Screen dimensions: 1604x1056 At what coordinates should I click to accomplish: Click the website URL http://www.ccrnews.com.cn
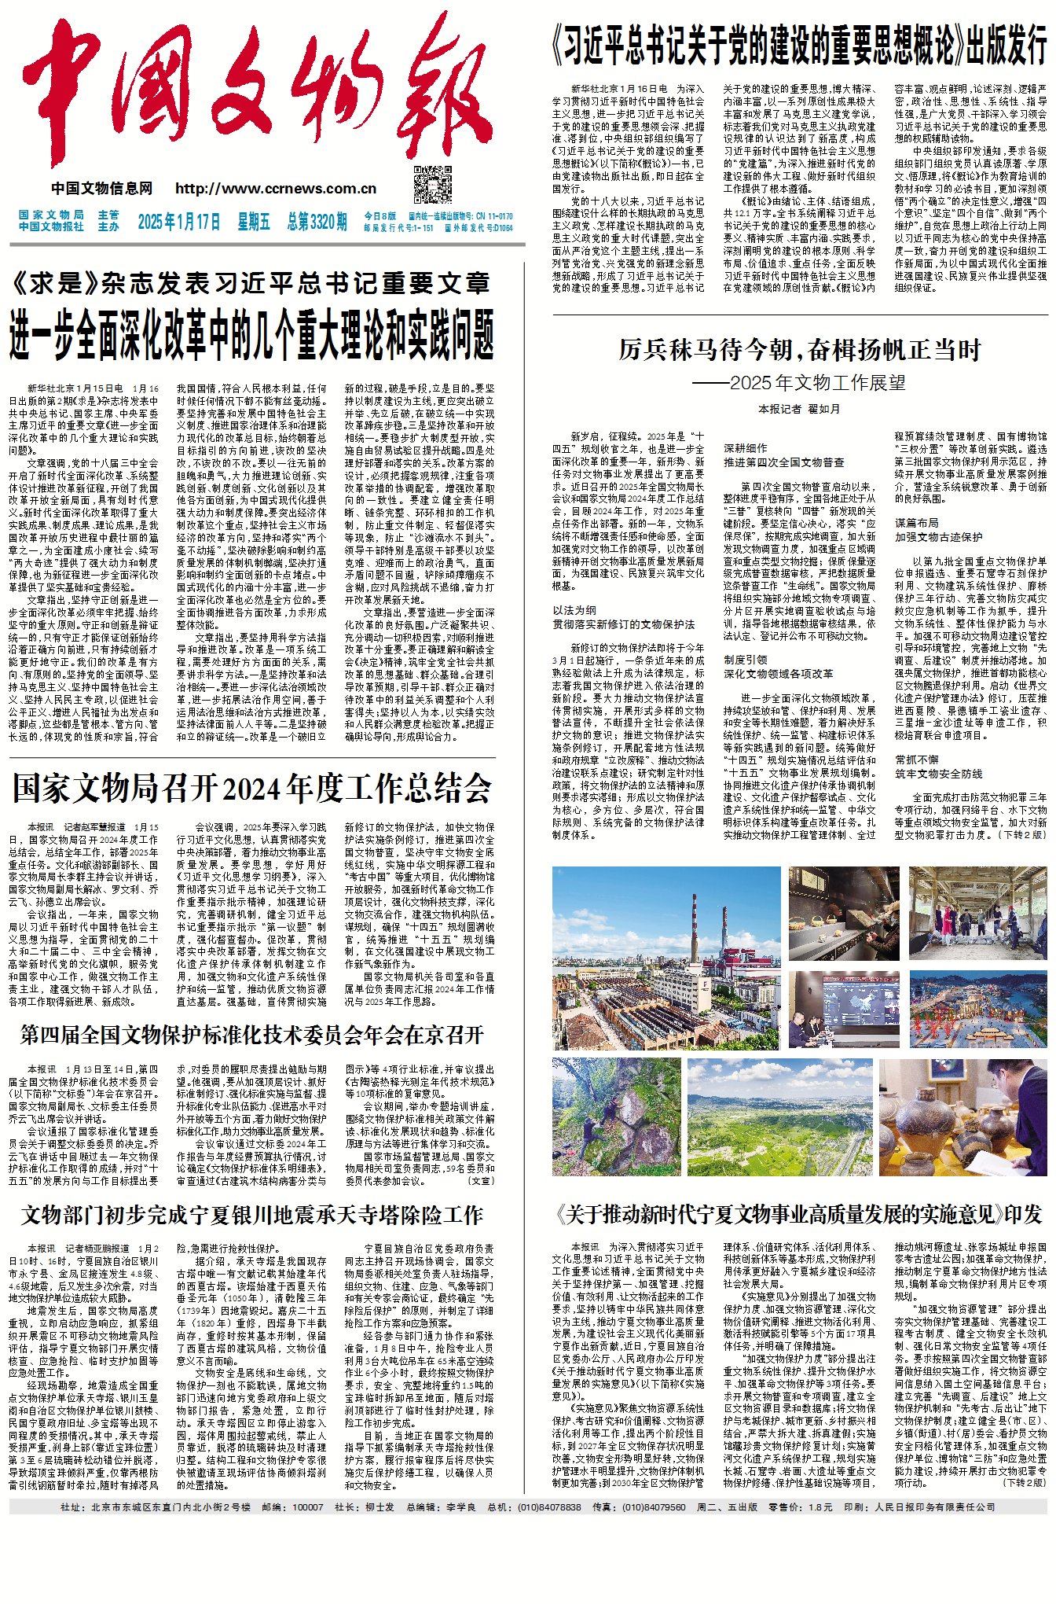point(276,189)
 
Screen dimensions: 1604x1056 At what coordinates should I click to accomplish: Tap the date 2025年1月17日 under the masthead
point(179,222)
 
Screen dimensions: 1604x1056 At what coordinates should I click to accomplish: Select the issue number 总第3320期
point(317,222)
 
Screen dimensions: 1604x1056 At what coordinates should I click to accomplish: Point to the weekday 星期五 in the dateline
point(254,222)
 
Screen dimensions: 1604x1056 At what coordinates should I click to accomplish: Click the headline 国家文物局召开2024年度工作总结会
point(251,789)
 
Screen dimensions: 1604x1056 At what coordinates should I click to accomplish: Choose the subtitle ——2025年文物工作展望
point(798,383)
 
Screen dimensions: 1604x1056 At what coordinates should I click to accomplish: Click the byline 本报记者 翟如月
point(798,409)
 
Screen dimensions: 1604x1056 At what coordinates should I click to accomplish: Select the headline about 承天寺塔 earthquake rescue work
point(251,1216)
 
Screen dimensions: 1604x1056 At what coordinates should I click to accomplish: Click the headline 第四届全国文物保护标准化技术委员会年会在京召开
point(251,1035)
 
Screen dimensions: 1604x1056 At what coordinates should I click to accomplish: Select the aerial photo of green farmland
point(779,1117)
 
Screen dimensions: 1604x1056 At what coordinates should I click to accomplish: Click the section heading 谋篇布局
point(916,523)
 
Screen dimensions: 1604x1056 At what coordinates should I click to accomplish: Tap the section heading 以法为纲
point(574,610)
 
